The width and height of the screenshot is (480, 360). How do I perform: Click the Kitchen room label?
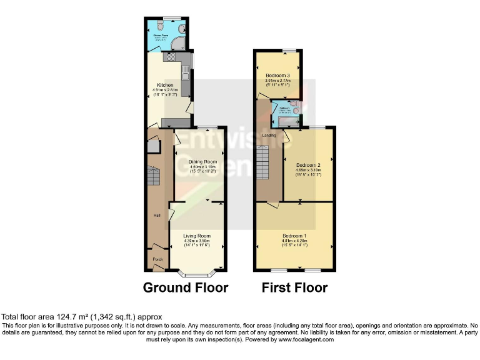point(165,85)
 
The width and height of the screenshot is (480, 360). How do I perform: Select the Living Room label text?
point(196,235)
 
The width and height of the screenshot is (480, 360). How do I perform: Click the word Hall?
point(157,216)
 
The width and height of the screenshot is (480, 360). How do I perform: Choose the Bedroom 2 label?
point(308,164)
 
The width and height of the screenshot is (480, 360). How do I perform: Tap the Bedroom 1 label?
point(293,236)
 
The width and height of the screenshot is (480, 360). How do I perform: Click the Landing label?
point(269,135)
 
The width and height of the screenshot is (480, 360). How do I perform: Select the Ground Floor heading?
point(186,288)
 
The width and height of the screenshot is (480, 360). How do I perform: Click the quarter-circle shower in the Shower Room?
point(180,42)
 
